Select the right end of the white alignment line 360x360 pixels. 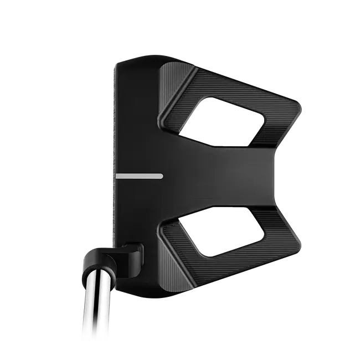[161, 176]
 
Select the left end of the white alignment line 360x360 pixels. [118, 176]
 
